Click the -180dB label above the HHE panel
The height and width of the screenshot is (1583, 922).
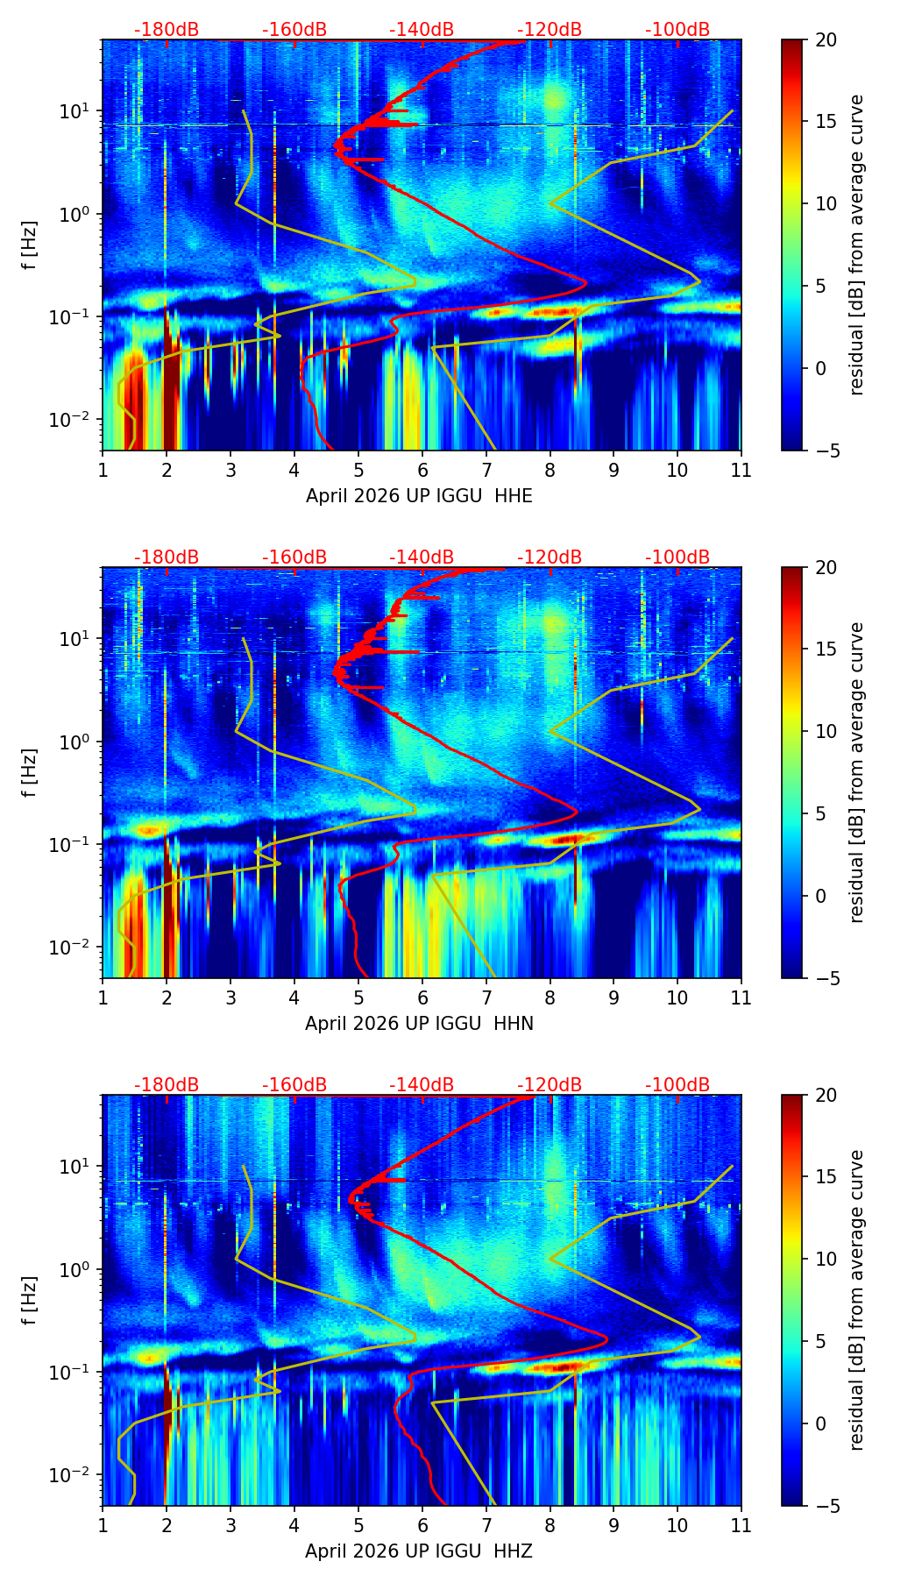click(167, 30)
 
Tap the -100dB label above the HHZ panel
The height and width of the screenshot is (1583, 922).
click(677, 1085)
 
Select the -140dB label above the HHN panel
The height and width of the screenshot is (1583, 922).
click(422, 557)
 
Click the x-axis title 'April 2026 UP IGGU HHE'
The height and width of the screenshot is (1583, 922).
click(419, 496)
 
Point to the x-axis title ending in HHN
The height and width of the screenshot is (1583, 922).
click(419, 1024)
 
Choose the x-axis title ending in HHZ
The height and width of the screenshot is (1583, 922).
click(419, 1551)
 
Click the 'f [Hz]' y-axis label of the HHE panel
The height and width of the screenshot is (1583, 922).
click(30, 245)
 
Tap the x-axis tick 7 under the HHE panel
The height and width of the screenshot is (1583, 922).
click(486, 470)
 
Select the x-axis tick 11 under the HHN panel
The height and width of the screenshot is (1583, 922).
click(741, 997)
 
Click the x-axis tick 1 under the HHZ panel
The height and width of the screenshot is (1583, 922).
click(103, 1525)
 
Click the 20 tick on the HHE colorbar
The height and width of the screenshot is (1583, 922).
click(826, 40)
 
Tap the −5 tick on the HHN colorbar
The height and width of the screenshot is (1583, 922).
click(822, 978)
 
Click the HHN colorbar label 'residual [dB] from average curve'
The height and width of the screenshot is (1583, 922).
click(856, 772)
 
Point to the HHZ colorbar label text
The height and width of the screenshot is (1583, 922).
click(856, 1300)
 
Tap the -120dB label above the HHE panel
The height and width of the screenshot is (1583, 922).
click(550, 30)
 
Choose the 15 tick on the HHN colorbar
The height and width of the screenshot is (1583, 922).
click(826, 650)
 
